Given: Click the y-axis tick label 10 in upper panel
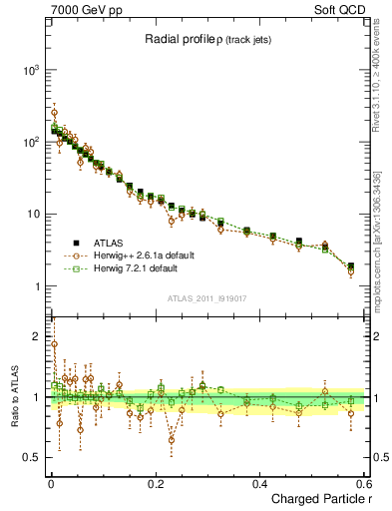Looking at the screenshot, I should pos(30,215).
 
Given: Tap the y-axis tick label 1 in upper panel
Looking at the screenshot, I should pos(34,286).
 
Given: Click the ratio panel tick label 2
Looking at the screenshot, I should pos(34,334).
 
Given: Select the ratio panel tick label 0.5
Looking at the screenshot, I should pos(29,458).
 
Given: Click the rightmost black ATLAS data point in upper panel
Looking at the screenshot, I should pos(350,266).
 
